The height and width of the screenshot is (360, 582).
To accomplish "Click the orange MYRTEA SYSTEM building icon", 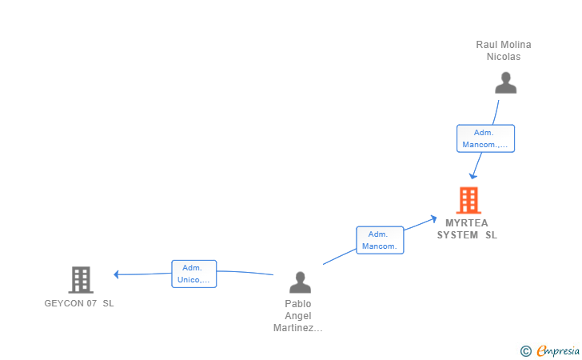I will click(x=468, y=200).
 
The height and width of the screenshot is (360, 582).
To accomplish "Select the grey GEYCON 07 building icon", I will click(x=80, y=280).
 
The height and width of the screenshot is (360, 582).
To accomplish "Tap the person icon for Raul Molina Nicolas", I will click(x=505, y=83).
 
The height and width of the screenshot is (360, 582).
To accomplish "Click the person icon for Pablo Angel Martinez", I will click(x=300, y=282).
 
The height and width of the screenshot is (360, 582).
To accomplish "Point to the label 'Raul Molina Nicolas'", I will click(x=504, y=50).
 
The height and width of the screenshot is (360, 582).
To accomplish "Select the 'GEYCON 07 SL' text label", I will click(x=79, y=303).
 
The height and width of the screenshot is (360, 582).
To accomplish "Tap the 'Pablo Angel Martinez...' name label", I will click(x=297, y=315).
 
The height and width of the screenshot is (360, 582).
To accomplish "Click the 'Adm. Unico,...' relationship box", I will click(x=193, y=274).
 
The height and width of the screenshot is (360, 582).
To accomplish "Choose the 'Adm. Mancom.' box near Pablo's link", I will click(x=380, y=240).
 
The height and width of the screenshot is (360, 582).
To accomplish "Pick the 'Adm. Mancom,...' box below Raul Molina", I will click(x=485, y=138).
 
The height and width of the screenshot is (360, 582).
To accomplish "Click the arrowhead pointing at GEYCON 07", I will click(x=117, y=274).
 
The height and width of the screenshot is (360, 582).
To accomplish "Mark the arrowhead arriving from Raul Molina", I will click(x=473, y=175).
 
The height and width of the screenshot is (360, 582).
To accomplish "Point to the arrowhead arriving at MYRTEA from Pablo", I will click(x=433, y=218).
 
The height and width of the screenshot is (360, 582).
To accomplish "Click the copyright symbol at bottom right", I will click(x=525, y=350).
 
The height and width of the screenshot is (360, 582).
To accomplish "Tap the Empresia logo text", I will click(x=557, y=350).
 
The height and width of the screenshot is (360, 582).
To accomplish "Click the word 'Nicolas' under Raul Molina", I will click(x=504, y=56).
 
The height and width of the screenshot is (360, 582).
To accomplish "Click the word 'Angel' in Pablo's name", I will click(x=298, y=315).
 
